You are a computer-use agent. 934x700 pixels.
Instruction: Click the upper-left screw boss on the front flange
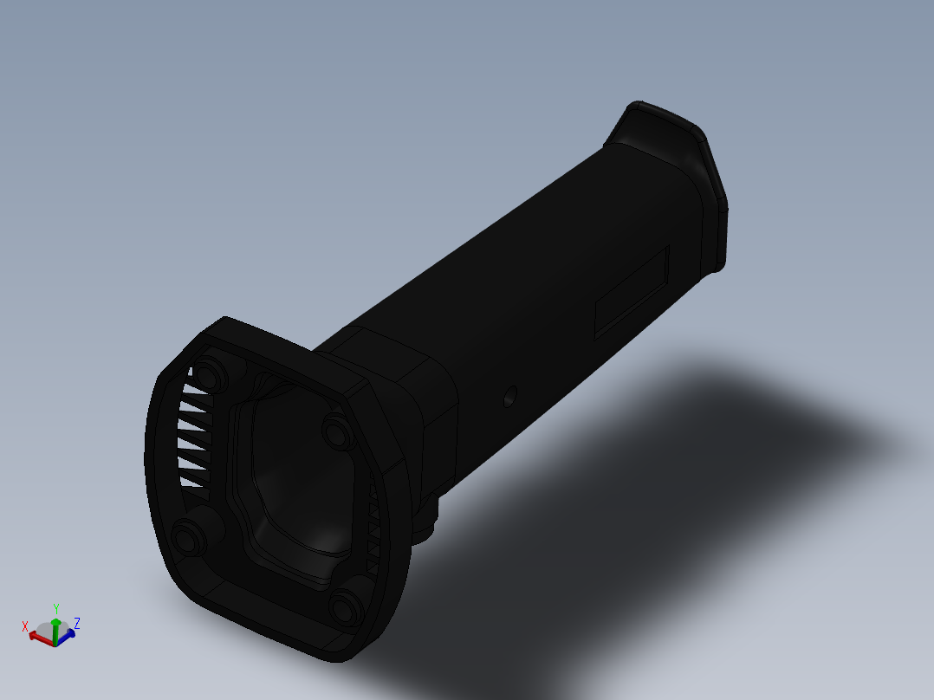click(207, 375)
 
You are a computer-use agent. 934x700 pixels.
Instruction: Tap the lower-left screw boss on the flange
click(185, 538)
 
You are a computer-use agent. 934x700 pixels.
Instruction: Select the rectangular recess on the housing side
click(632, 291)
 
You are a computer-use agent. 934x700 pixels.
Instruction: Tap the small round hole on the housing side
click(509, 397)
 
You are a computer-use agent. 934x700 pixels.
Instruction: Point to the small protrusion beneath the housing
click(427, 524)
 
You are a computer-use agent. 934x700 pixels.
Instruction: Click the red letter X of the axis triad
click(25, 625)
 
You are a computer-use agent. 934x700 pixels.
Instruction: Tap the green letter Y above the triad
click(55, 608)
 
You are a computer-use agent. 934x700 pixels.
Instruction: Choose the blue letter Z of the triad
click(77, 623)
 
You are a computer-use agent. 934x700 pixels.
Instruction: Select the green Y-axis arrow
click(55, 625)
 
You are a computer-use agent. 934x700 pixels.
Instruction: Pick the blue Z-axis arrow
click(68, 634)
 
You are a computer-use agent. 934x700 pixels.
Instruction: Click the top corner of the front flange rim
click(227, 320)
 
